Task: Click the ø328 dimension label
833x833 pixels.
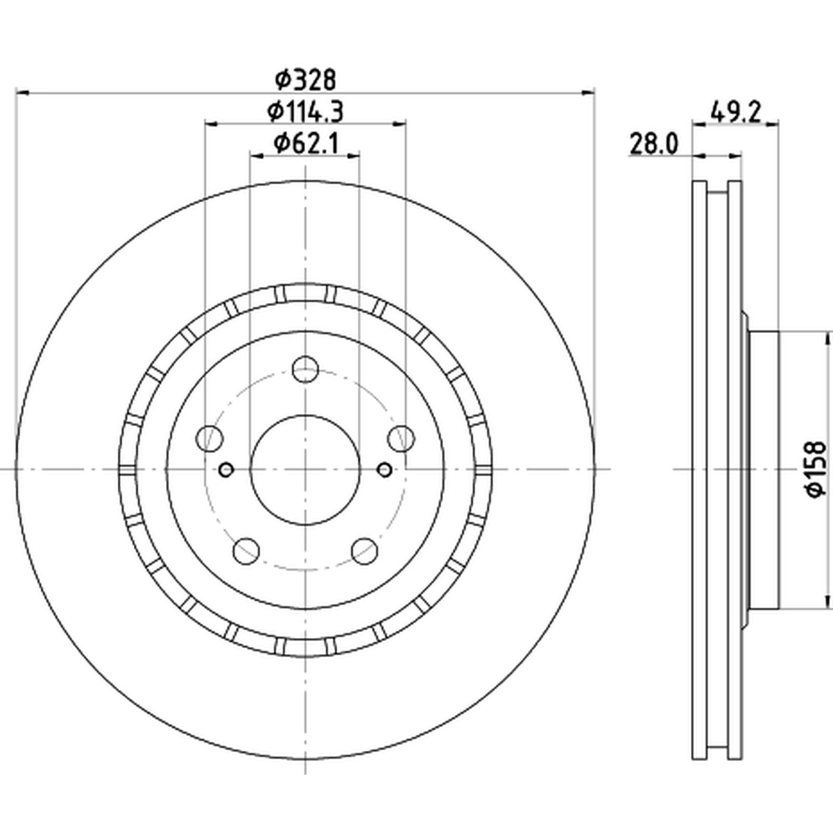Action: (x=306, y=80)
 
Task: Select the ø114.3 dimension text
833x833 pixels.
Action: (x=306, y=111)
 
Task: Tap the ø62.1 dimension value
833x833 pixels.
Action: (x=306, y=143)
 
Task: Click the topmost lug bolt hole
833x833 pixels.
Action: (x=305, y=369)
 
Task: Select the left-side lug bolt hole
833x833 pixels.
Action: (x=210, y=438)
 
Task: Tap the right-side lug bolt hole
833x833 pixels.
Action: (x=401, y=438)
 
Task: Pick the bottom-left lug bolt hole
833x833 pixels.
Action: (x=246, y=550)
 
